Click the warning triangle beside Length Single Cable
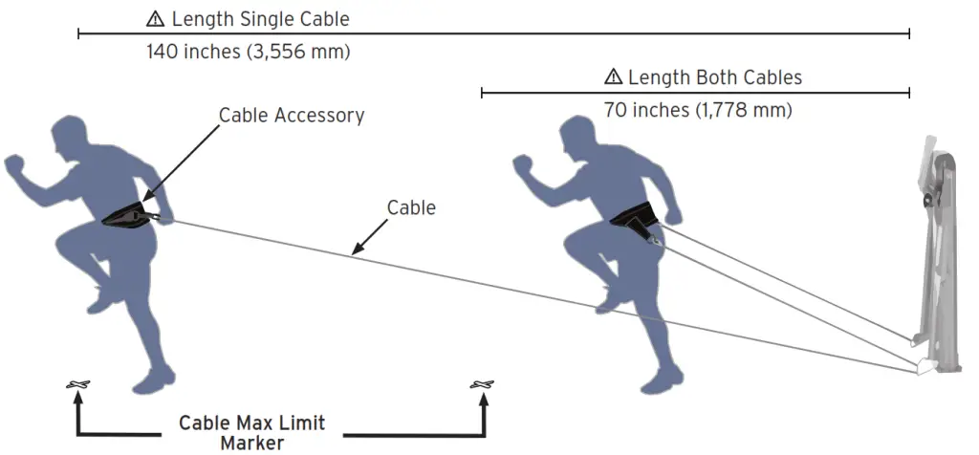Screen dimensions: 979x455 [154, 18]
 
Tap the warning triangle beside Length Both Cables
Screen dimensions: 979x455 [613, 77]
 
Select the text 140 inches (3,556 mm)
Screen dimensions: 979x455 [248, 52]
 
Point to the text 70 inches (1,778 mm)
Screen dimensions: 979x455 [698, 110]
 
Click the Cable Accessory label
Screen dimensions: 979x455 [292, 116]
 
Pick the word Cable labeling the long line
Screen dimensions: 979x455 [411, 207]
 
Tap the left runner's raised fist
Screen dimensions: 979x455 [16, 171]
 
